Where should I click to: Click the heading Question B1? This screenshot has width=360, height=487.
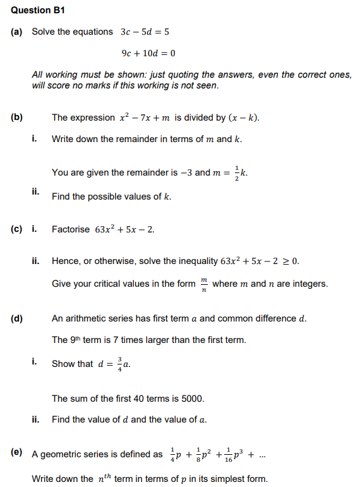point(38,10)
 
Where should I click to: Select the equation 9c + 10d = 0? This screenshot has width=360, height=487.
point(148,53)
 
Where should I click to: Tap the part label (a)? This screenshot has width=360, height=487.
point(17,32)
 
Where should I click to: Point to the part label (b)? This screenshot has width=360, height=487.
point(17,117)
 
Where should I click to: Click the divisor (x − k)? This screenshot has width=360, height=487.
point(246,118)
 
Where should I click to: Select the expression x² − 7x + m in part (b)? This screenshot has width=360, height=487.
point(145,118)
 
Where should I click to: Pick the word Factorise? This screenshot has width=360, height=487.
point(71,229)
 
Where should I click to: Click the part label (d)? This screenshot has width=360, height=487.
point(17,318)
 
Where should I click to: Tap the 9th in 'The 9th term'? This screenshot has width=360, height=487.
point(78,340)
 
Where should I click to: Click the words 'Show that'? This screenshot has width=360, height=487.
point(73,364)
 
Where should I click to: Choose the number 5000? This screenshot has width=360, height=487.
point(192,399)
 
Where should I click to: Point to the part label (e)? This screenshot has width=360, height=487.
point(17,453)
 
